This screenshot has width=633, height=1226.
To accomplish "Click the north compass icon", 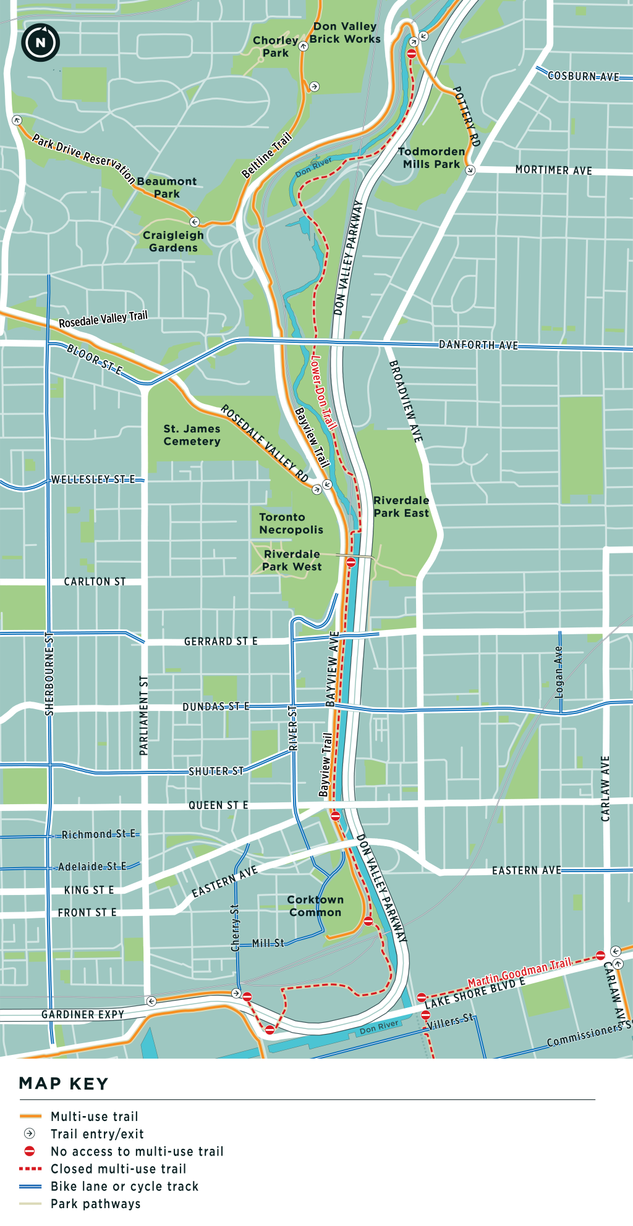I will click(40, 43).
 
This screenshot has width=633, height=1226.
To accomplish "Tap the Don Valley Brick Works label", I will click(345, 33).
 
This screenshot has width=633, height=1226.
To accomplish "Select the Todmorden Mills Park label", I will click(431, 158).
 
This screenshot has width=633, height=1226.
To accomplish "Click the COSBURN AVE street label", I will click(583, 77).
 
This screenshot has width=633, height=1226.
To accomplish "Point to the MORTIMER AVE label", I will click(553, 170).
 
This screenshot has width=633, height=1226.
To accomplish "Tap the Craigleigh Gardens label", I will click(173, 241).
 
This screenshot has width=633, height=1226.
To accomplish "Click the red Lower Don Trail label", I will click(323, 392).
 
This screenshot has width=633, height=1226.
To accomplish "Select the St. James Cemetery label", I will click(192, 435).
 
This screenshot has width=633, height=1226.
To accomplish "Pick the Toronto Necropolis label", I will click(291, 524).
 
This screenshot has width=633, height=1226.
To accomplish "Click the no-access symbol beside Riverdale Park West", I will click(350, 563).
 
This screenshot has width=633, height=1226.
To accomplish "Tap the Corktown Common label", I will click(315, 906).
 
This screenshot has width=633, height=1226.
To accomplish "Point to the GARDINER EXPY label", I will click(82, 1015).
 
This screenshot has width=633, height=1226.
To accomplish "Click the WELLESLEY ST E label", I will click(93, 480).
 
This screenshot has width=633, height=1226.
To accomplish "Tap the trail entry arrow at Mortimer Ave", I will click(470, 170).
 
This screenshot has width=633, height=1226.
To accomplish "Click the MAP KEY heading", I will click(64, 1084).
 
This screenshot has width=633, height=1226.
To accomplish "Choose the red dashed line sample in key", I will click(30, 1169).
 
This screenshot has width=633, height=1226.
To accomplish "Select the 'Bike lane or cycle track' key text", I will click(124, 1186).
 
